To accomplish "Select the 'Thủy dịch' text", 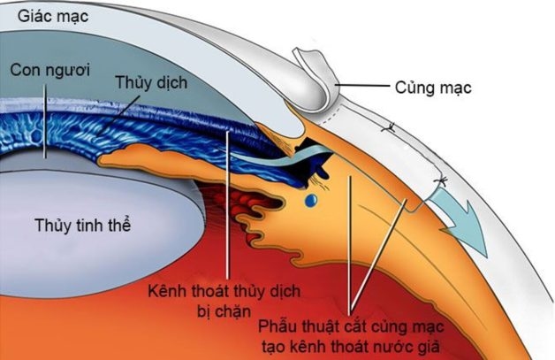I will [x=147, y=82].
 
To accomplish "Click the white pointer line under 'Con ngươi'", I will [x=41, y=115].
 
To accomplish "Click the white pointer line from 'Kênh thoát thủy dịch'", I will [x=228, y=203].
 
